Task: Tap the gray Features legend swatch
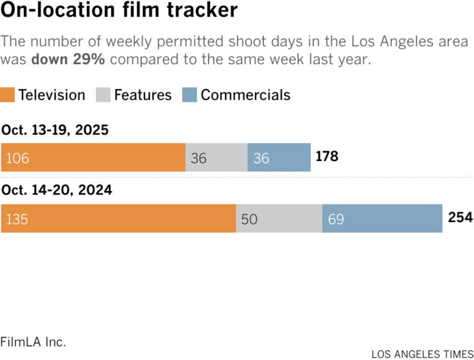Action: [x=103, y=95]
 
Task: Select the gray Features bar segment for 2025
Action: [x=217, y=157]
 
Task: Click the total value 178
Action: [x=327, y=156]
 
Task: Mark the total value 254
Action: [x=460, y=217]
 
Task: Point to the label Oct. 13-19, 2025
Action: [x=55, y=130]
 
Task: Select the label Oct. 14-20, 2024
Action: [x=56, y=190]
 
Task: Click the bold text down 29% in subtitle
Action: [x=68, y=60]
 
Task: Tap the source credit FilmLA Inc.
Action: [x=33, y=342]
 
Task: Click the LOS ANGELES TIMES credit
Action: [x=422, y=354]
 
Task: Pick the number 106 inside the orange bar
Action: [x=17, y=158]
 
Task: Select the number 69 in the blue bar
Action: [x=336, y=219]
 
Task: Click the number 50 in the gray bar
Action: [x=249, y=219]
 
